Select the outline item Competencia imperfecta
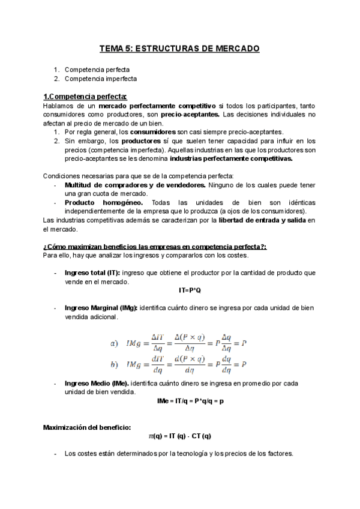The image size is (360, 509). [100, 79]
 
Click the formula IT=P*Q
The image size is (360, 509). [190, 290]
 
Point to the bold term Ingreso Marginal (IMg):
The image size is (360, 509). [101, 308]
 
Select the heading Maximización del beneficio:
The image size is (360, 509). [86, 427]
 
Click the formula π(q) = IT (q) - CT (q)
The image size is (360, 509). [180, 436]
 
